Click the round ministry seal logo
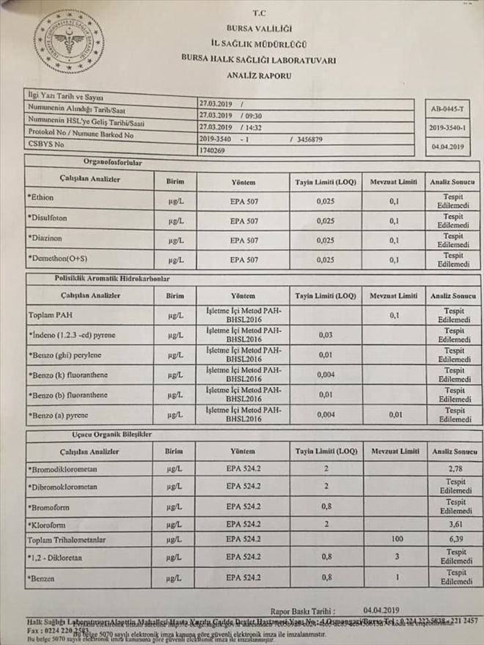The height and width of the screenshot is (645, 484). click(x=68, y=42)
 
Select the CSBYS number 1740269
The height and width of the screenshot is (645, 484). click(x=213, y=150)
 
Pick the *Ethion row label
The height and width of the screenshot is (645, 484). click(x=42, y=199)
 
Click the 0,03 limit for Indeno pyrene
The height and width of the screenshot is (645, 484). click(x=325, y=335)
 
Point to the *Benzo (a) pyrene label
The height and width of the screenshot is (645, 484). click(x=59, y=414)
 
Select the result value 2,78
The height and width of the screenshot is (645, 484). click(x=455, y=468)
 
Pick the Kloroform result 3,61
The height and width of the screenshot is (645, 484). click(x=455, y=526)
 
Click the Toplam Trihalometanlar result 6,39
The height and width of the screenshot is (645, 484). click(x=455, y=539)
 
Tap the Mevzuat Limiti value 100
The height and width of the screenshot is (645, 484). click(x=397, y=539)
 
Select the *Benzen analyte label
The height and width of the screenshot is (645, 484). click(x=44, y=579)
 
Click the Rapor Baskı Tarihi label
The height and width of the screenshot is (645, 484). click(x=302, y=610)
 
